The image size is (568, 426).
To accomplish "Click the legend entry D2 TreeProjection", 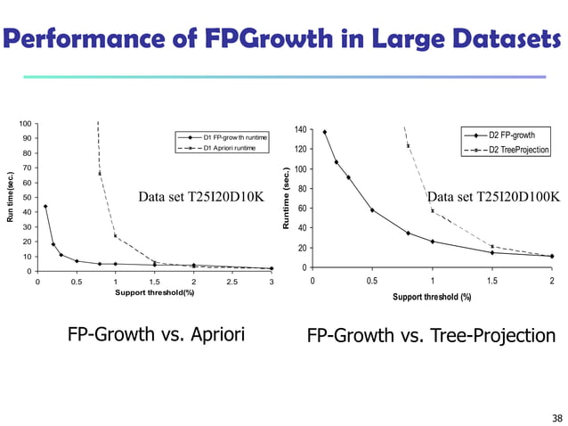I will (x=519, y=149).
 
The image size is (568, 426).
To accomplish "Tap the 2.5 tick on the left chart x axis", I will (x=231, y=283).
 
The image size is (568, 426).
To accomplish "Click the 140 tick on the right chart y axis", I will (x=301, y=130).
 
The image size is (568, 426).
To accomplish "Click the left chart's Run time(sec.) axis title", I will (x=12, y=197).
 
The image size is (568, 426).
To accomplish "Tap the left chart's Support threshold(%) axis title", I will (x=154, y=292).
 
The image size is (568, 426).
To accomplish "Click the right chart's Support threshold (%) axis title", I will (x=432, y=297).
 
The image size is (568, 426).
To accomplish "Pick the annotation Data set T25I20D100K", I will (x=493, y=196).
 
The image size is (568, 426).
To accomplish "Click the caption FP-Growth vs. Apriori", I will (x=156, y=335).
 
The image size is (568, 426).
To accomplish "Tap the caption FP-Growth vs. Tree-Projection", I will (x=431, y=336).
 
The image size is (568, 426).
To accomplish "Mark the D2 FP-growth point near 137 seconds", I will (x=324, y=132).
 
